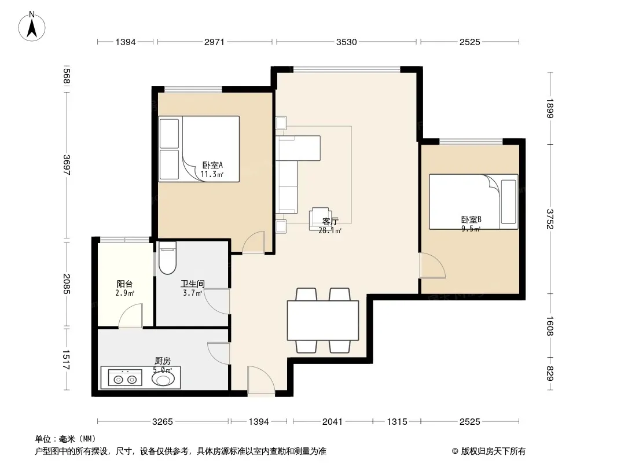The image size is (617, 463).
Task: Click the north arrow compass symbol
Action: [x=32, y=27]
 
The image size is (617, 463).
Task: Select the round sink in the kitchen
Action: [x=163, y=379]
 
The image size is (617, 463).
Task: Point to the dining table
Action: [x=323, y=320]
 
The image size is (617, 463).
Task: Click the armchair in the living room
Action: [x=319, y=219]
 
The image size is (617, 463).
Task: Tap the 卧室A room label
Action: [x=212, y=165]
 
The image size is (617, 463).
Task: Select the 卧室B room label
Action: [x=471, y=219]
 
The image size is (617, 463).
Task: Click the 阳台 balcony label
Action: [x=125, y=284]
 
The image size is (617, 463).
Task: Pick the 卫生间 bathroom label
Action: [x=192, y=284]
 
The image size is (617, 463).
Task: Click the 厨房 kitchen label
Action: [x=163, y=361]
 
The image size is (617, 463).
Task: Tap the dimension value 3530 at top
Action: [x=346, y=42]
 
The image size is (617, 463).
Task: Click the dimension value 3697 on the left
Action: [x=66, y=165]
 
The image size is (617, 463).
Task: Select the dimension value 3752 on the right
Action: [x=550, y=219]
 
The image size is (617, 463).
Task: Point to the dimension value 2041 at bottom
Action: [x=332, y=422]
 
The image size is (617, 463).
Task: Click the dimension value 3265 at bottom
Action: [x=163, y=422]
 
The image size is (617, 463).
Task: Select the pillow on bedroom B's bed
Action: [x=508, y=202]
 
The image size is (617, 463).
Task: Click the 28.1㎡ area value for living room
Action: [x=330, y=230]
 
